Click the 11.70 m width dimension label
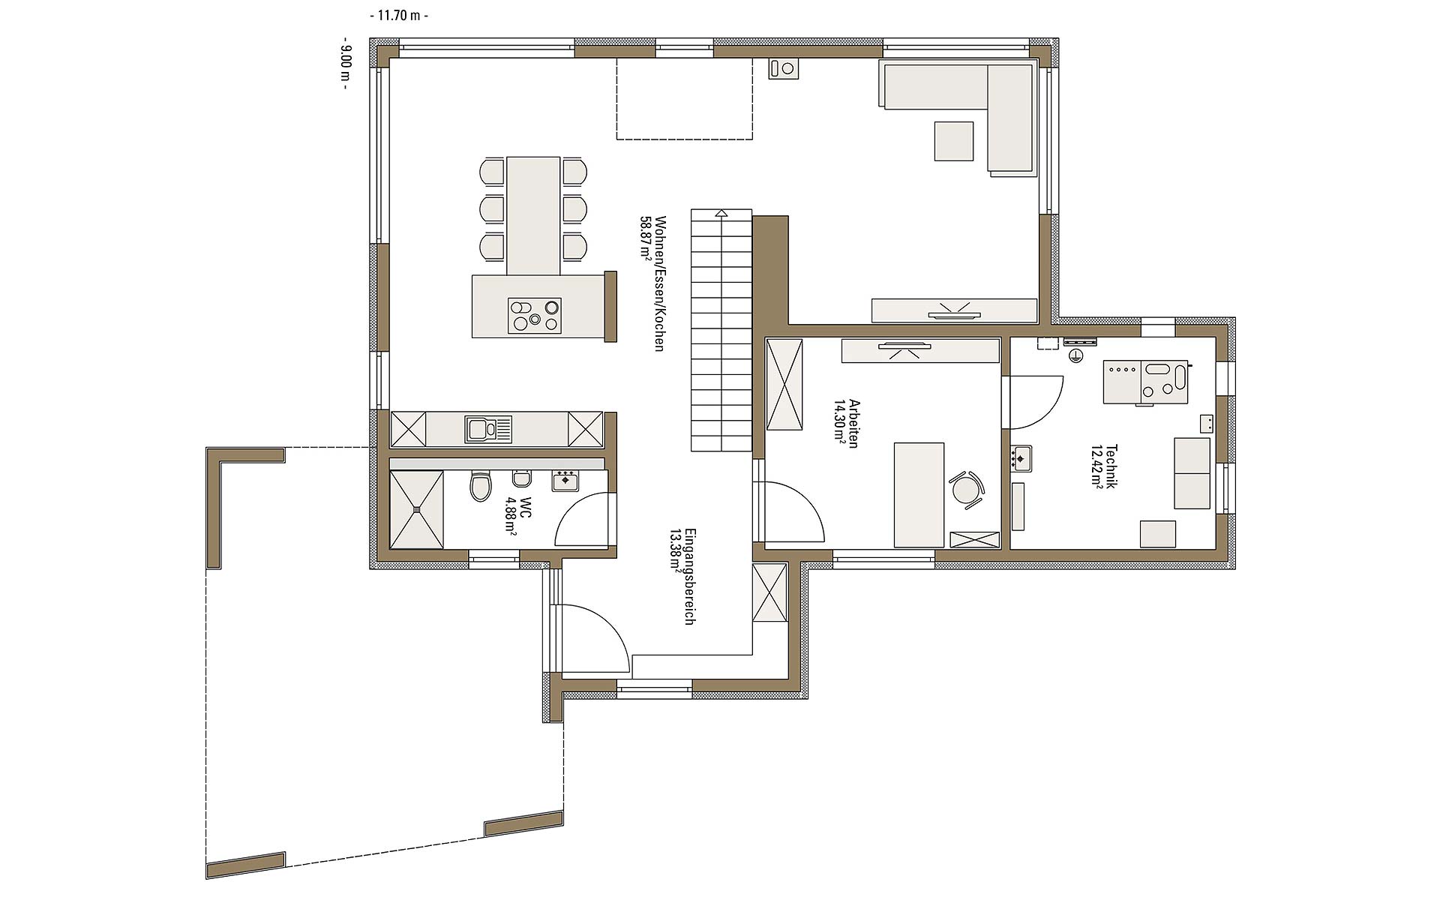(399, 15)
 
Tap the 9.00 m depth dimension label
(345, 64)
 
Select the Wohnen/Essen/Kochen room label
(660, 283)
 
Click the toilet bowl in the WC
(480, 486)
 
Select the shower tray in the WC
(417, 509)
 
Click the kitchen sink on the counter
(488, 429)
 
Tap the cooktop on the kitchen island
(535, 315)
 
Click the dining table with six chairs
(533, 216)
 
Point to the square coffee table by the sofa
(954, 141)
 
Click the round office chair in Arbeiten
(966, 490)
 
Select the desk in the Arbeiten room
(919, 495)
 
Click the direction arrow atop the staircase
(721, 213)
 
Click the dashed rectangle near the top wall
(685, 99)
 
